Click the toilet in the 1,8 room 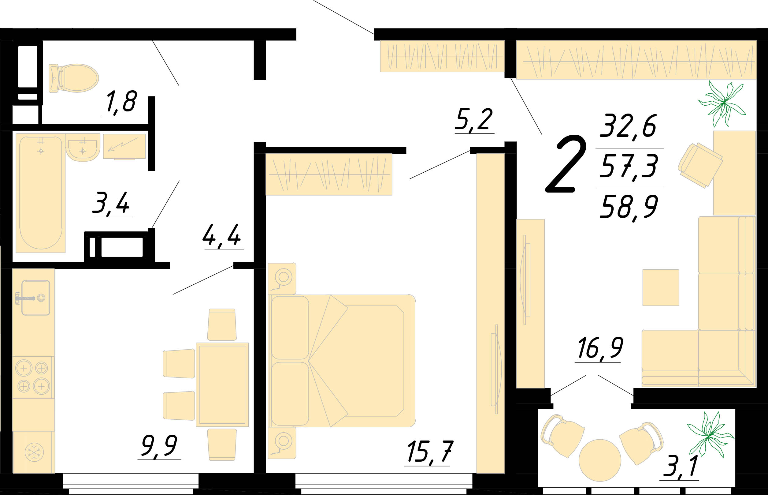tap(73, 78)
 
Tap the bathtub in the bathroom tap(40, 193)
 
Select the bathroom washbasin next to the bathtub tap(83, 148)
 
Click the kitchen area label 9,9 tap(159, 446)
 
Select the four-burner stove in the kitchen tap(33, 377)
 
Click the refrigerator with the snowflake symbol tap(34, 452)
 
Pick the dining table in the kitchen tap(222, 385)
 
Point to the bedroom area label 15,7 tap(430, 452)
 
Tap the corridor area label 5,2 tap(474, 120)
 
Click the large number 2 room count tap(566, 164)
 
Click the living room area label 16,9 tap(600, 348)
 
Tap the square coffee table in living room tap(661, 288)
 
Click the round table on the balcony tap(600, 460)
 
